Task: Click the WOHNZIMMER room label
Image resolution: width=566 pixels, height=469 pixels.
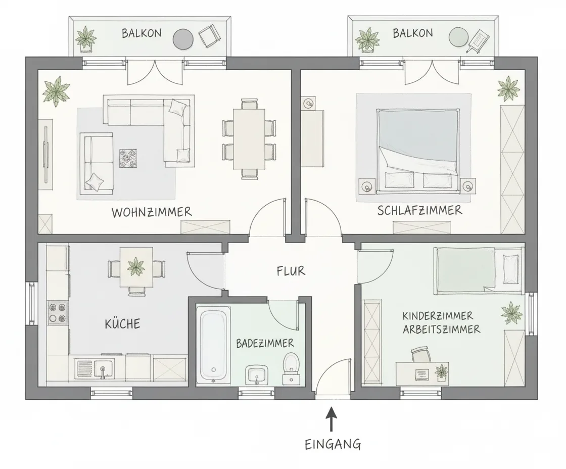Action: (152, 212)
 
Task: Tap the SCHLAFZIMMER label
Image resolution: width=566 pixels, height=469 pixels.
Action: (420, 210)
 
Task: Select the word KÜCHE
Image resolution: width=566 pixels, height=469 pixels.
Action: (122, 323)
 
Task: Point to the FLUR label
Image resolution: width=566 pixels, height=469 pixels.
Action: (291, 271)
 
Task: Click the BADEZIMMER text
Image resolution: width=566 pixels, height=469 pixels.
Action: (265, 343)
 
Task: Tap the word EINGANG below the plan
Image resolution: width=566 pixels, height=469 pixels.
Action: (333, 444)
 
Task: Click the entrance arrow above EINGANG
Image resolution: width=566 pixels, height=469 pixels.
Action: (332, 419)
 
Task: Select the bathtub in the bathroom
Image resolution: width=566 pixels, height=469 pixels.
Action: (213, 345)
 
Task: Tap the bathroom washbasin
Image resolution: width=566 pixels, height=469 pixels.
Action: (257, 374)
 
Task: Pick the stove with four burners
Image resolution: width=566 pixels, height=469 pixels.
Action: (58, 313)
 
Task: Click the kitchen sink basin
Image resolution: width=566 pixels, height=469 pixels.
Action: (103, 368)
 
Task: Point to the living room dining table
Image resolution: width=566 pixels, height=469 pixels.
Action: (249, 139)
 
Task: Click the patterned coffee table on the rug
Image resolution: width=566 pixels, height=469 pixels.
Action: (128, 158)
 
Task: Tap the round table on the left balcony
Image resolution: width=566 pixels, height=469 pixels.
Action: (183, 39)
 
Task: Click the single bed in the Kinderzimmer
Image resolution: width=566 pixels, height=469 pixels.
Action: (478, 270)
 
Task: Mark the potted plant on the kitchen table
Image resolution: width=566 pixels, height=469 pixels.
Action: (136, 266)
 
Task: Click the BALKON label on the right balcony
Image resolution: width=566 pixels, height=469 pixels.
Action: (412, 33)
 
